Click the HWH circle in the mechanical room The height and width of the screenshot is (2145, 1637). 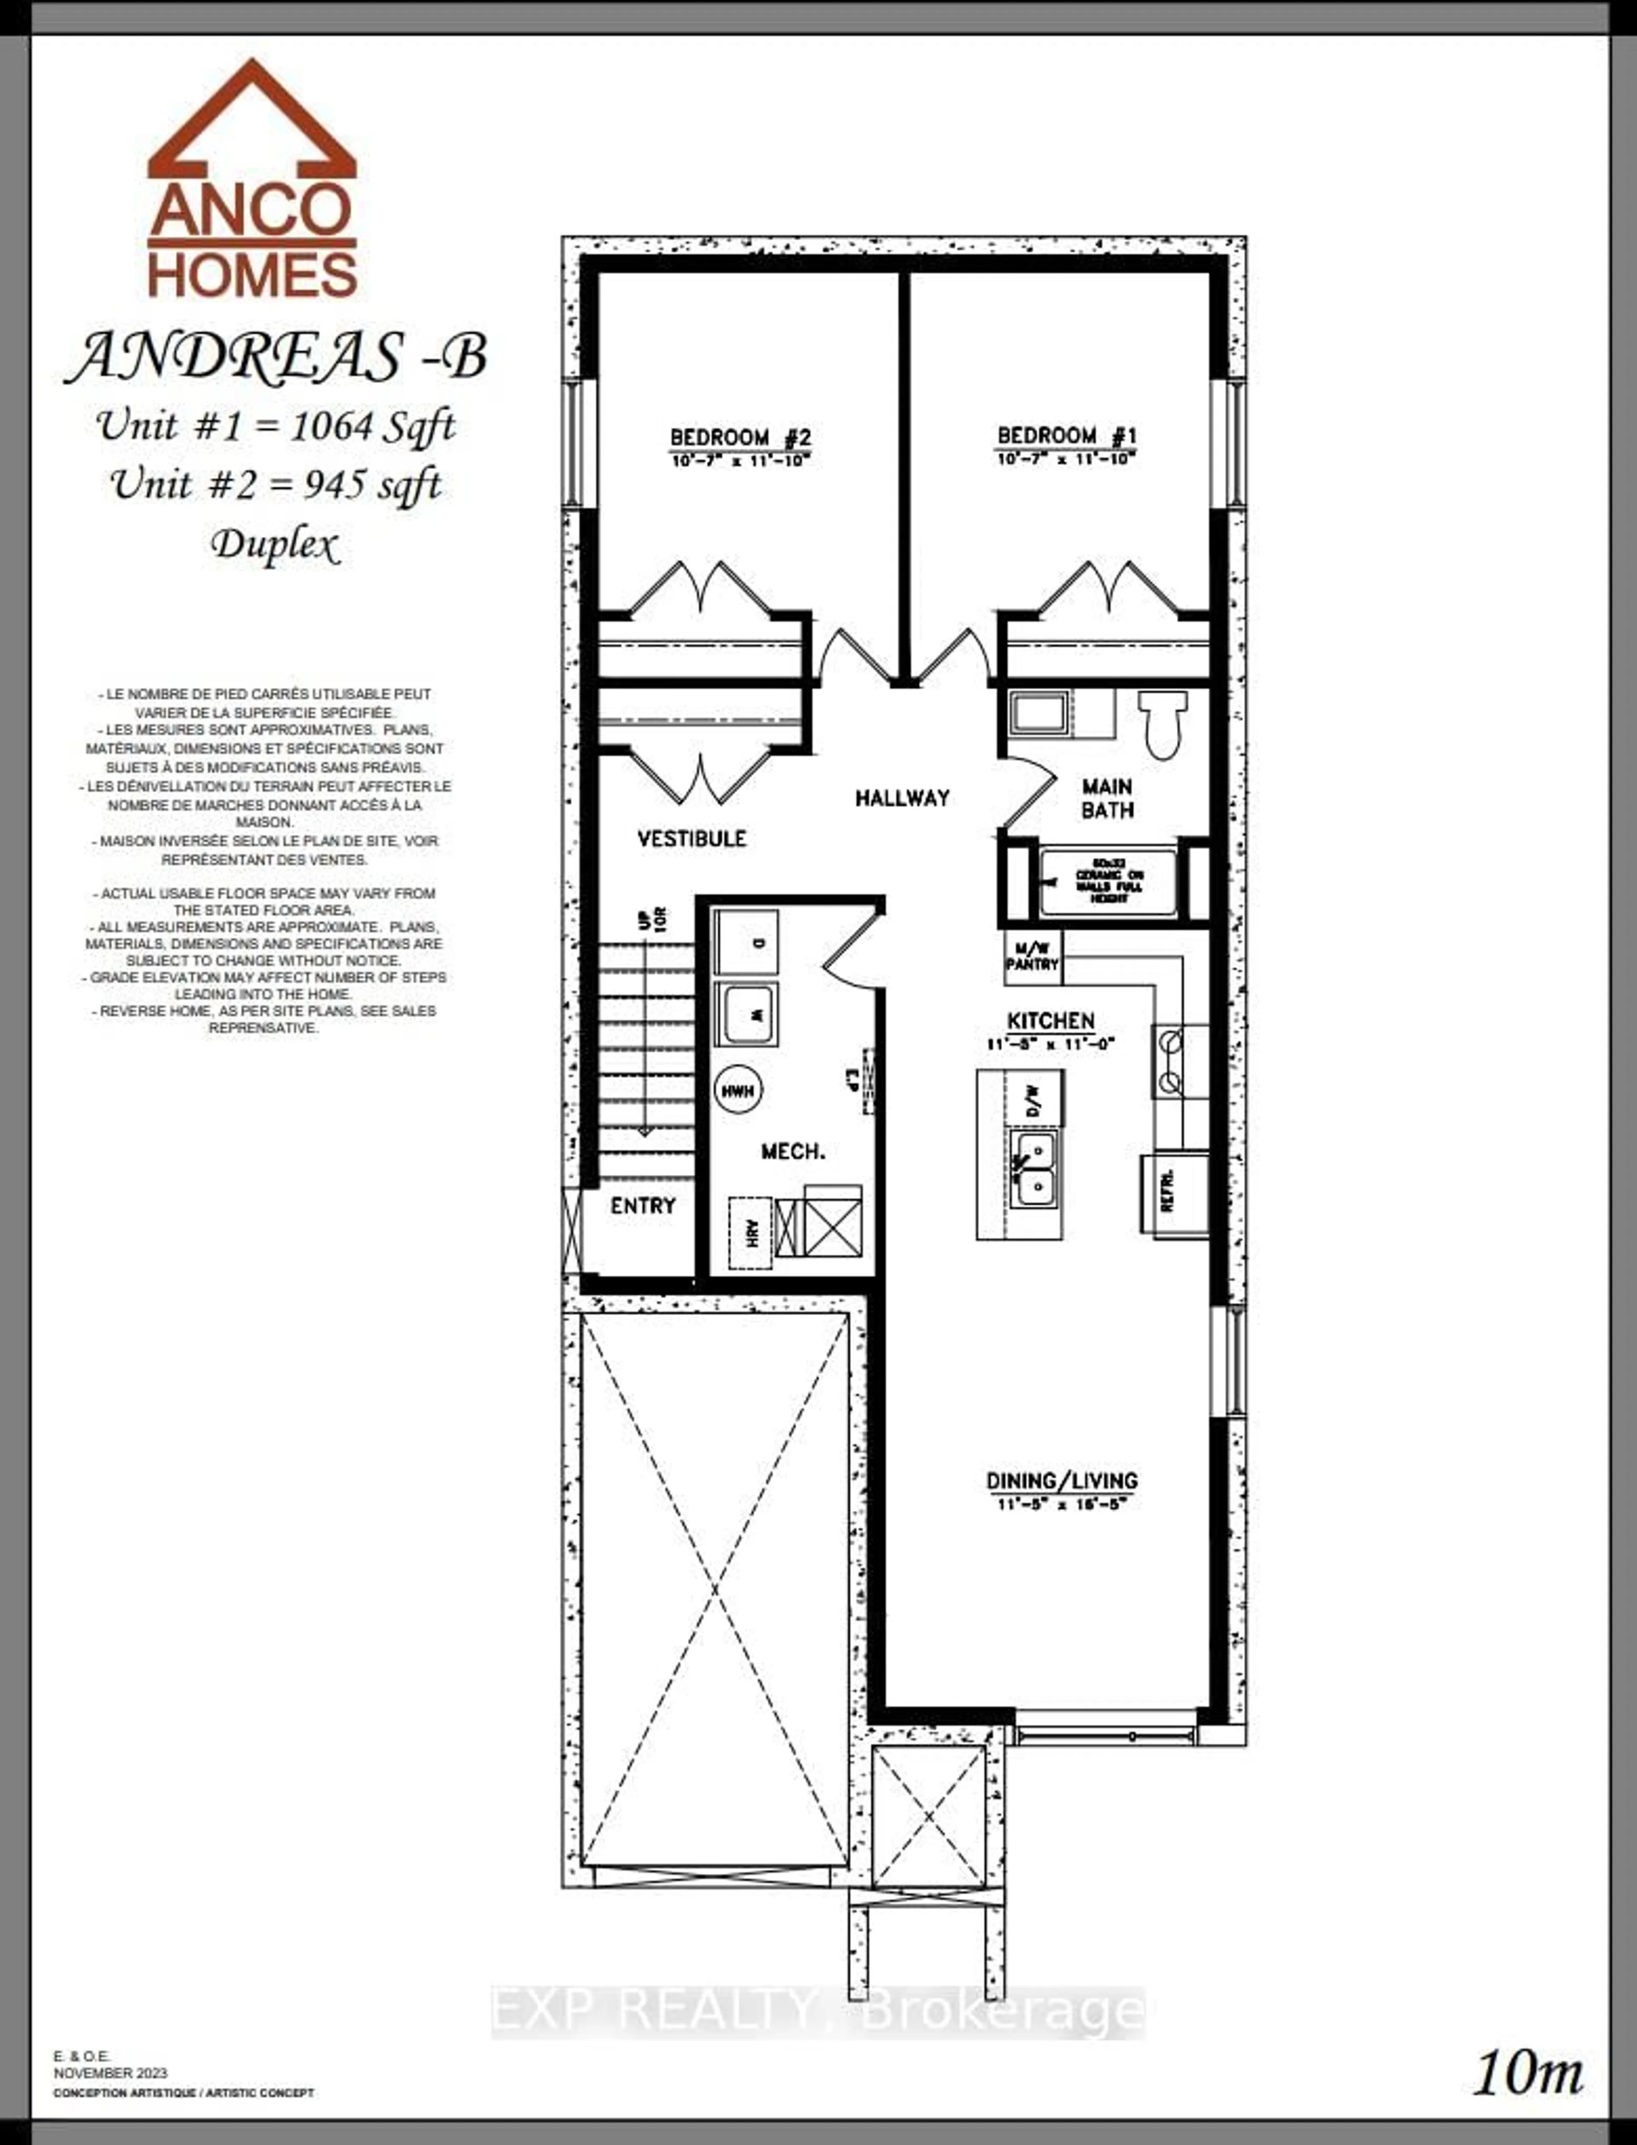739,1091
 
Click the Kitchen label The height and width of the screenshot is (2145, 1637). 1050,1020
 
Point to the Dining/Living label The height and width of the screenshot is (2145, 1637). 1061,1480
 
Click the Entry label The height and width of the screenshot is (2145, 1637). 643,1206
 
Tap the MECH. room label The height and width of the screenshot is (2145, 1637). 793,1152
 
